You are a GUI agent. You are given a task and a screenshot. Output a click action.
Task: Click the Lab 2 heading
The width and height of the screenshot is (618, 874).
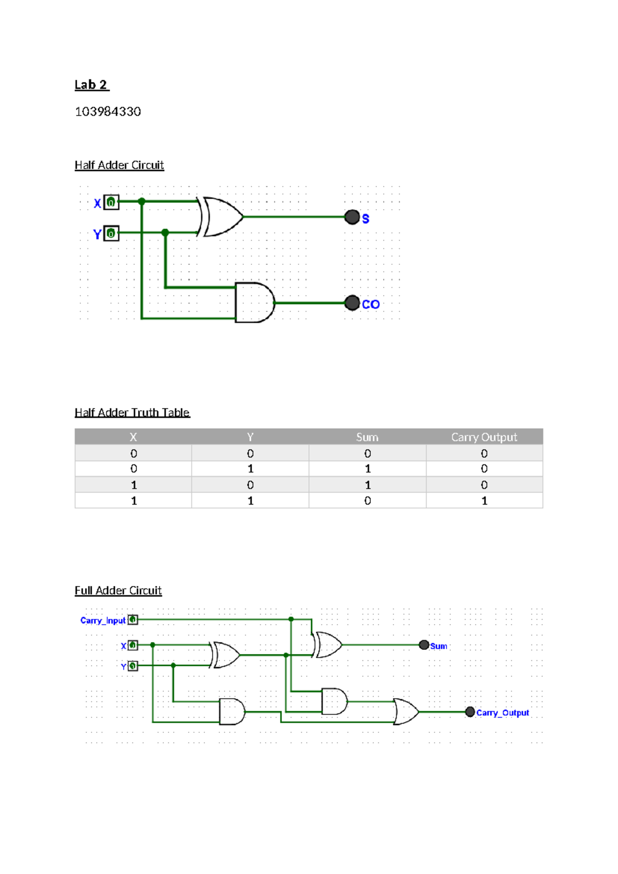(92, 85)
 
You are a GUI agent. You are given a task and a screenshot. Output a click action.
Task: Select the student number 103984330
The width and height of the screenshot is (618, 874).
(108, 112)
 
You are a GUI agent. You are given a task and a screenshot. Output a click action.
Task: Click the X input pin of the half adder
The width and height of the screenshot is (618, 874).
(111, 203)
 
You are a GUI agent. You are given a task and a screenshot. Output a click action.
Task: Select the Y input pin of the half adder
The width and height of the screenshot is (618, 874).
(111, 233)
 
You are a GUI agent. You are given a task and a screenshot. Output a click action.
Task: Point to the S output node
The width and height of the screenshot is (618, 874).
(352, 217)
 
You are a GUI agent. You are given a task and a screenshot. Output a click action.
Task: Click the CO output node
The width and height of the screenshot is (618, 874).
(352, 302)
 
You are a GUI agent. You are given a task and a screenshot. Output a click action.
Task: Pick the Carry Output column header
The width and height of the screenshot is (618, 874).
(484, 437)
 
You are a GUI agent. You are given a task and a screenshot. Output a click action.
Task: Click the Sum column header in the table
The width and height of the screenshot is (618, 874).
(367, 437)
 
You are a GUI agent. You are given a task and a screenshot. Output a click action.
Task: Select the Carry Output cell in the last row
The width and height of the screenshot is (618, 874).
(484, 500)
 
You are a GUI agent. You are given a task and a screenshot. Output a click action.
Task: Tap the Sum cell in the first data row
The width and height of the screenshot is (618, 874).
(367, 453)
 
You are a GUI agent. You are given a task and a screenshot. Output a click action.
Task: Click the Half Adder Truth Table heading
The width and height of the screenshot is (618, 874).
(132, 412)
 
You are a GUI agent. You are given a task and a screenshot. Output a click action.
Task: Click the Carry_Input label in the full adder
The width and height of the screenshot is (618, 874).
(103, 620)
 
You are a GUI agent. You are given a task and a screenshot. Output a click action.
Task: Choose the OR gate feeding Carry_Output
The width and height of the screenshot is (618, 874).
(406, 712)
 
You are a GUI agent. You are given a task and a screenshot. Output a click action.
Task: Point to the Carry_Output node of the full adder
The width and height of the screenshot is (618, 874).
(470, 712)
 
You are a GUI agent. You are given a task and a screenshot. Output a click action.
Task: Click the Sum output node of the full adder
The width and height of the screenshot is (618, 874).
(424, 645)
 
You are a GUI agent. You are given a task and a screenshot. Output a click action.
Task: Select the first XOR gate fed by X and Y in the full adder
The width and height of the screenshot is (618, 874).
(226, 655)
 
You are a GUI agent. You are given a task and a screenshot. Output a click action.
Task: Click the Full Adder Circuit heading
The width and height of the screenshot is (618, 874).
(118, 591)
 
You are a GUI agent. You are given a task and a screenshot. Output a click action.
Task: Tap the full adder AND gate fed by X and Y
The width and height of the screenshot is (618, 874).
(232, 712)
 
